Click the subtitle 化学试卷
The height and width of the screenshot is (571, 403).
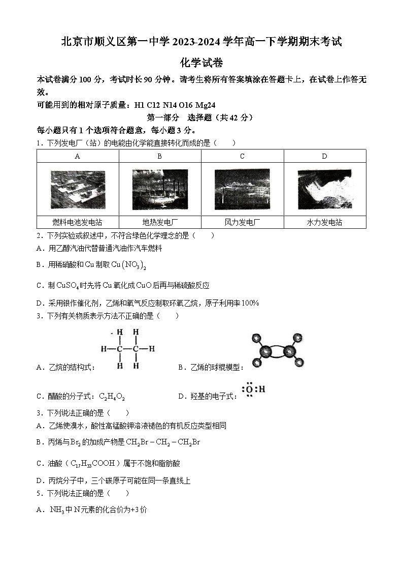(201, 63)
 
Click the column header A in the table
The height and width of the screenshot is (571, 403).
(78, 156)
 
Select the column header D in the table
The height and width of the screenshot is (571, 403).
(324, 156)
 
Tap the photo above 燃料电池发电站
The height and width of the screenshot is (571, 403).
(78, 189)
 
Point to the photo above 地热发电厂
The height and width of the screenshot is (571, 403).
(160, 189)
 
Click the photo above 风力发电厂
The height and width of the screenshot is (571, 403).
(242, 189)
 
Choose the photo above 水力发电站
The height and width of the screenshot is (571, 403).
(324, 189)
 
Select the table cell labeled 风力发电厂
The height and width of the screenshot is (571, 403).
(242, 222)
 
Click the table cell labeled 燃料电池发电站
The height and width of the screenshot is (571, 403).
(78, 222)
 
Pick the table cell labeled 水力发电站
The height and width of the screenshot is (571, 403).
(324, 222)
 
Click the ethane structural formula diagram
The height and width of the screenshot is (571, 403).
(127, 349)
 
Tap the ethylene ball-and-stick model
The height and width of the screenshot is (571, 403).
(277, 350)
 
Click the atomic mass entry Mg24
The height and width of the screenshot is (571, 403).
(206, 105)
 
